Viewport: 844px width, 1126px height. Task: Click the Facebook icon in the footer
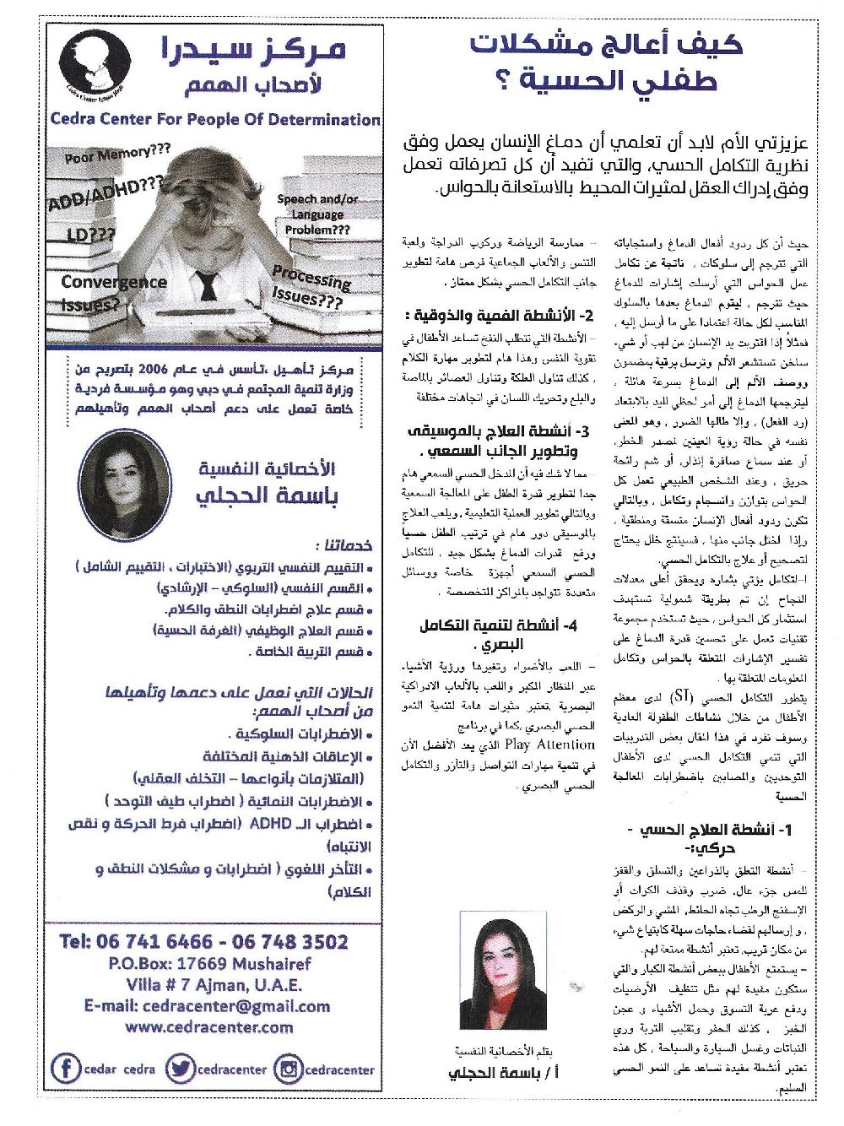(66, 1068)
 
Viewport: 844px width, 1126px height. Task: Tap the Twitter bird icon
(180, 1068)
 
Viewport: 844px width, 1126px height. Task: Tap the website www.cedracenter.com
(209, 1026)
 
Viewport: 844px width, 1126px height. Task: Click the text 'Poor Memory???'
(118, 154)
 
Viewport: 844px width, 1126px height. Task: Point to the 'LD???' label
(91, 235)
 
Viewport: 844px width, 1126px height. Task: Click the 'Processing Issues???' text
(310, 287)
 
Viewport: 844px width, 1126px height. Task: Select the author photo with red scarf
(499, 975)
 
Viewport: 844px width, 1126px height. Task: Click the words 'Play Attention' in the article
(549, 744)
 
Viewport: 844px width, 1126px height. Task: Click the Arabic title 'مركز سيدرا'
(253, 51)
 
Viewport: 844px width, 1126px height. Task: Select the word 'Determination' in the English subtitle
(323, 119)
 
